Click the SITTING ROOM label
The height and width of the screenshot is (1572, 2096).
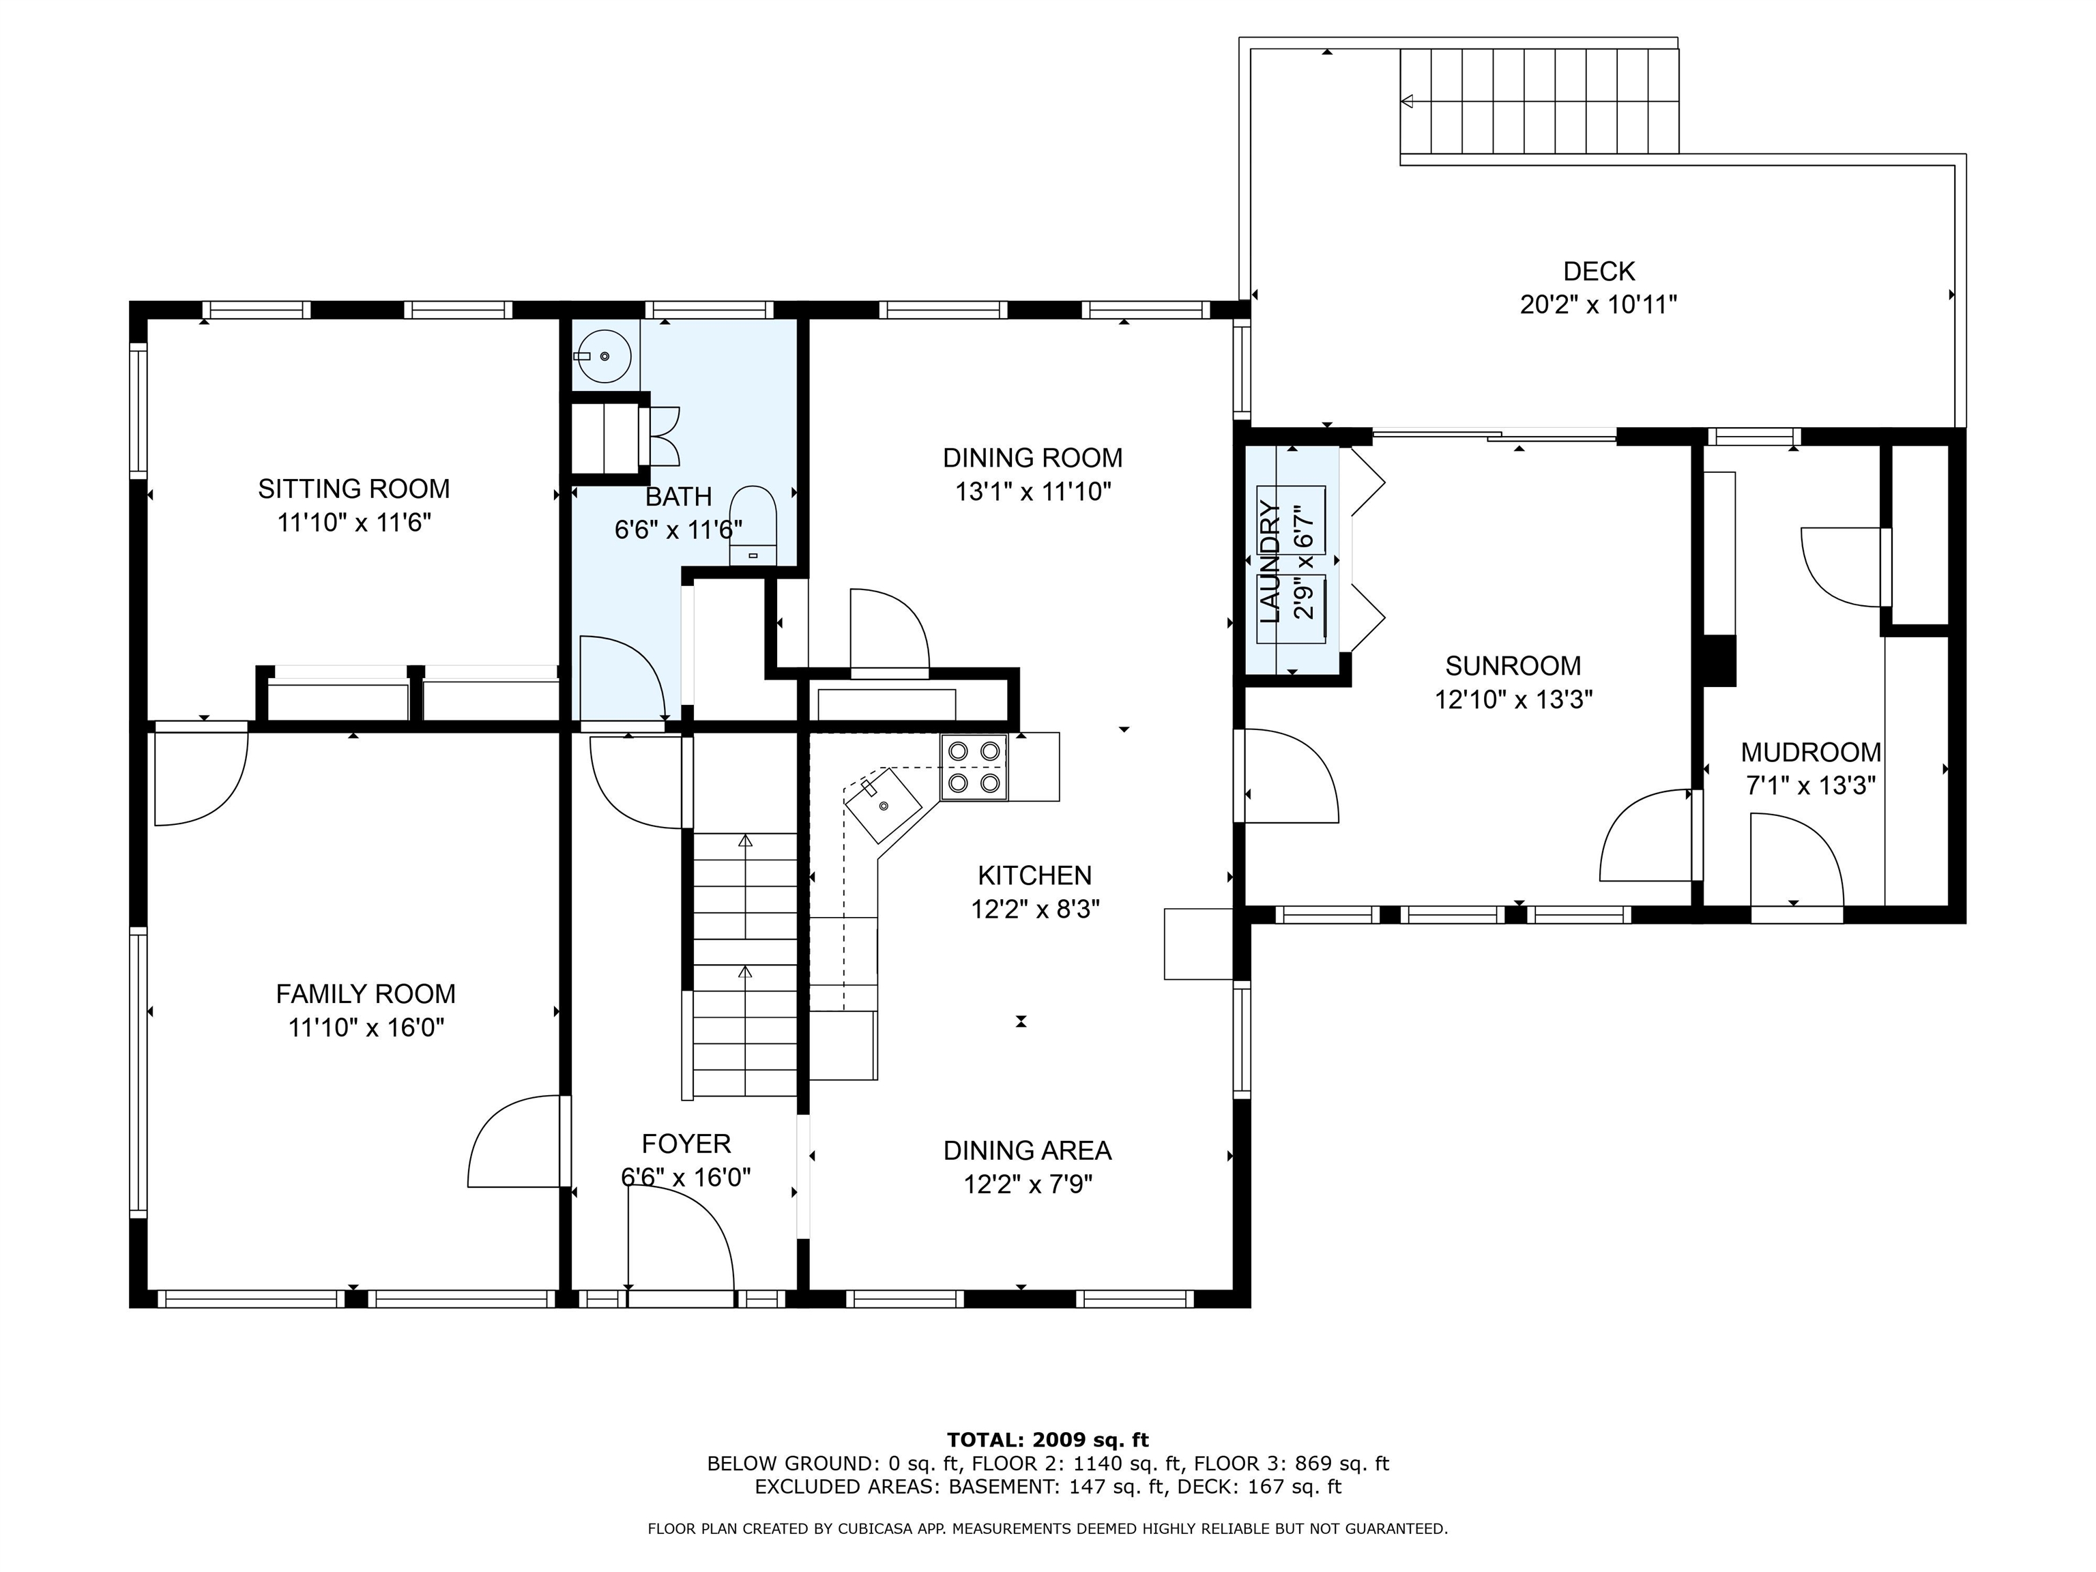353,489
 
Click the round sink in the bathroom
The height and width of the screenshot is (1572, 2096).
602,355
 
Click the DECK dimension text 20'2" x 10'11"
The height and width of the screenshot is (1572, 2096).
1599,305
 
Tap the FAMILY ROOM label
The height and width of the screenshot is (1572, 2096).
366,994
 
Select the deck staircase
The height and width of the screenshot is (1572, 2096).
1539,100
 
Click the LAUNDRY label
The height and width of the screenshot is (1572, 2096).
1270,563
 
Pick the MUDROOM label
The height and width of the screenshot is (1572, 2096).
1811,753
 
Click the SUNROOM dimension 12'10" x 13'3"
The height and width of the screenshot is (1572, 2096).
1513,699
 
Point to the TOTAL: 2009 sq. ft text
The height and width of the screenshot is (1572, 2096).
1048,1440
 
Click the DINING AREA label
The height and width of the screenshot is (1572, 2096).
1027,1150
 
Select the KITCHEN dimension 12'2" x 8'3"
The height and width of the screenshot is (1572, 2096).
1035,909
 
